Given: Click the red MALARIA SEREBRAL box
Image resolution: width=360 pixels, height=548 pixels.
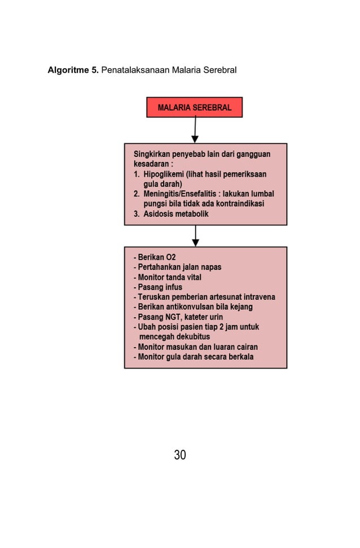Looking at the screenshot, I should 194,107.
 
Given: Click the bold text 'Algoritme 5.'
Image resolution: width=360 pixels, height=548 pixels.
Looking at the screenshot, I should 73,71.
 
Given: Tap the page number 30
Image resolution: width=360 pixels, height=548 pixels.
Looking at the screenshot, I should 180,454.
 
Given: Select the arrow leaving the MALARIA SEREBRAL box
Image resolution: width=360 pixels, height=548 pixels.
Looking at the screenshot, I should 195,130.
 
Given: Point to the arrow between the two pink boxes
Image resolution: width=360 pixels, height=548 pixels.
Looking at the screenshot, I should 195,236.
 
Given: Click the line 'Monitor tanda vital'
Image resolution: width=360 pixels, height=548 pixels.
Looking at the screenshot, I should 168,277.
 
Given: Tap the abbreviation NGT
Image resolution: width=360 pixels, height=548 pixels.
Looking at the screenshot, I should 170,317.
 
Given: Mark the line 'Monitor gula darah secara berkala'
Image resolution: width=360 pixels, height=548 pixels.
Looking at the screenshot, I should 193,357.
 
